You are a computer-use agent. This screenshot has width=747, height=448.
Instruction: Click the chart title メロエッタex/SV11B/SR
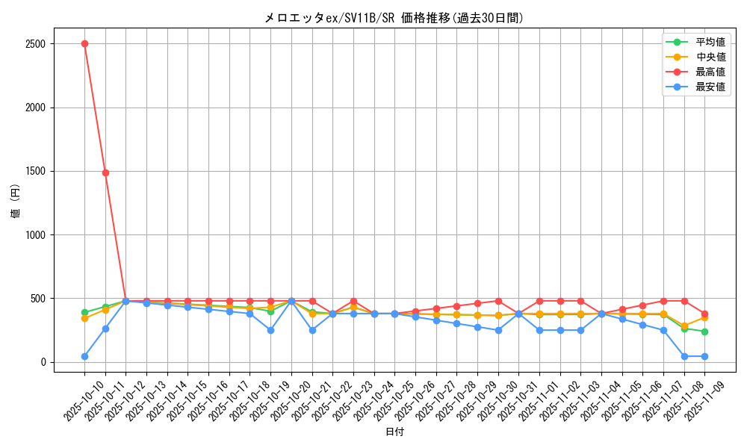click(394, 18)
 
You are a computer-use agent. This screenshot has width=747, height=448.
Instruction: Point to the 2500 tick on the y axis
click(34, 44)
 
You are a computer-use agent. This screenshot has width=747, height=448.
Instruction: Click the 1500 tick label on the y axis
click(34, 171)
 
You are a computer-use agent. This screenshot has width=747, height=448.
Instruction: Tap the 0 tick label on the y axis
click(43, 362)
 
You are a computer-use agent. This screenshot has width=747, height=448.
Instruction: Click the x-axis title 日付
click(394, 432)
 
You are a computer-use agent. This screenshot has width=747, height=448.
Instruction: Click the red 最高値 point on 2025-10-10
click(84, 43)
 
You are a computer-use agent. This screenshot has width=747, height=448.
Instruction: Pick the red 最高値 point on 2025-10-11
click(105, 172)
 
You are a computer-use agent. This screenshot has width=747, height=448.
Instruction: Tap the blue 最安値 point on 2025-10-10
click(84, 356)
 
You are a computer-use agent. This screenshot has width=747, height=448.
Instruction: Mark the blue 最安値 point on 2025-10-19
click(270, 330)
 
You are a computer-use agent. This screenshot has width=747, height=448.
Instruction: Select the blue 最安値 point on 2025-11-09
click(704, 356)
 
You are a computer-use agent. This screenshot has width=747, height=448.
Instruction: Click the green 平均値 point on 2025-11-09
click(704, 332)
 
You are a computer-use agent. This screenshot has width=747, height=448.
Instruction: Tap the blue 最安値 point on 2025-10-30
click(498, 330)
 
